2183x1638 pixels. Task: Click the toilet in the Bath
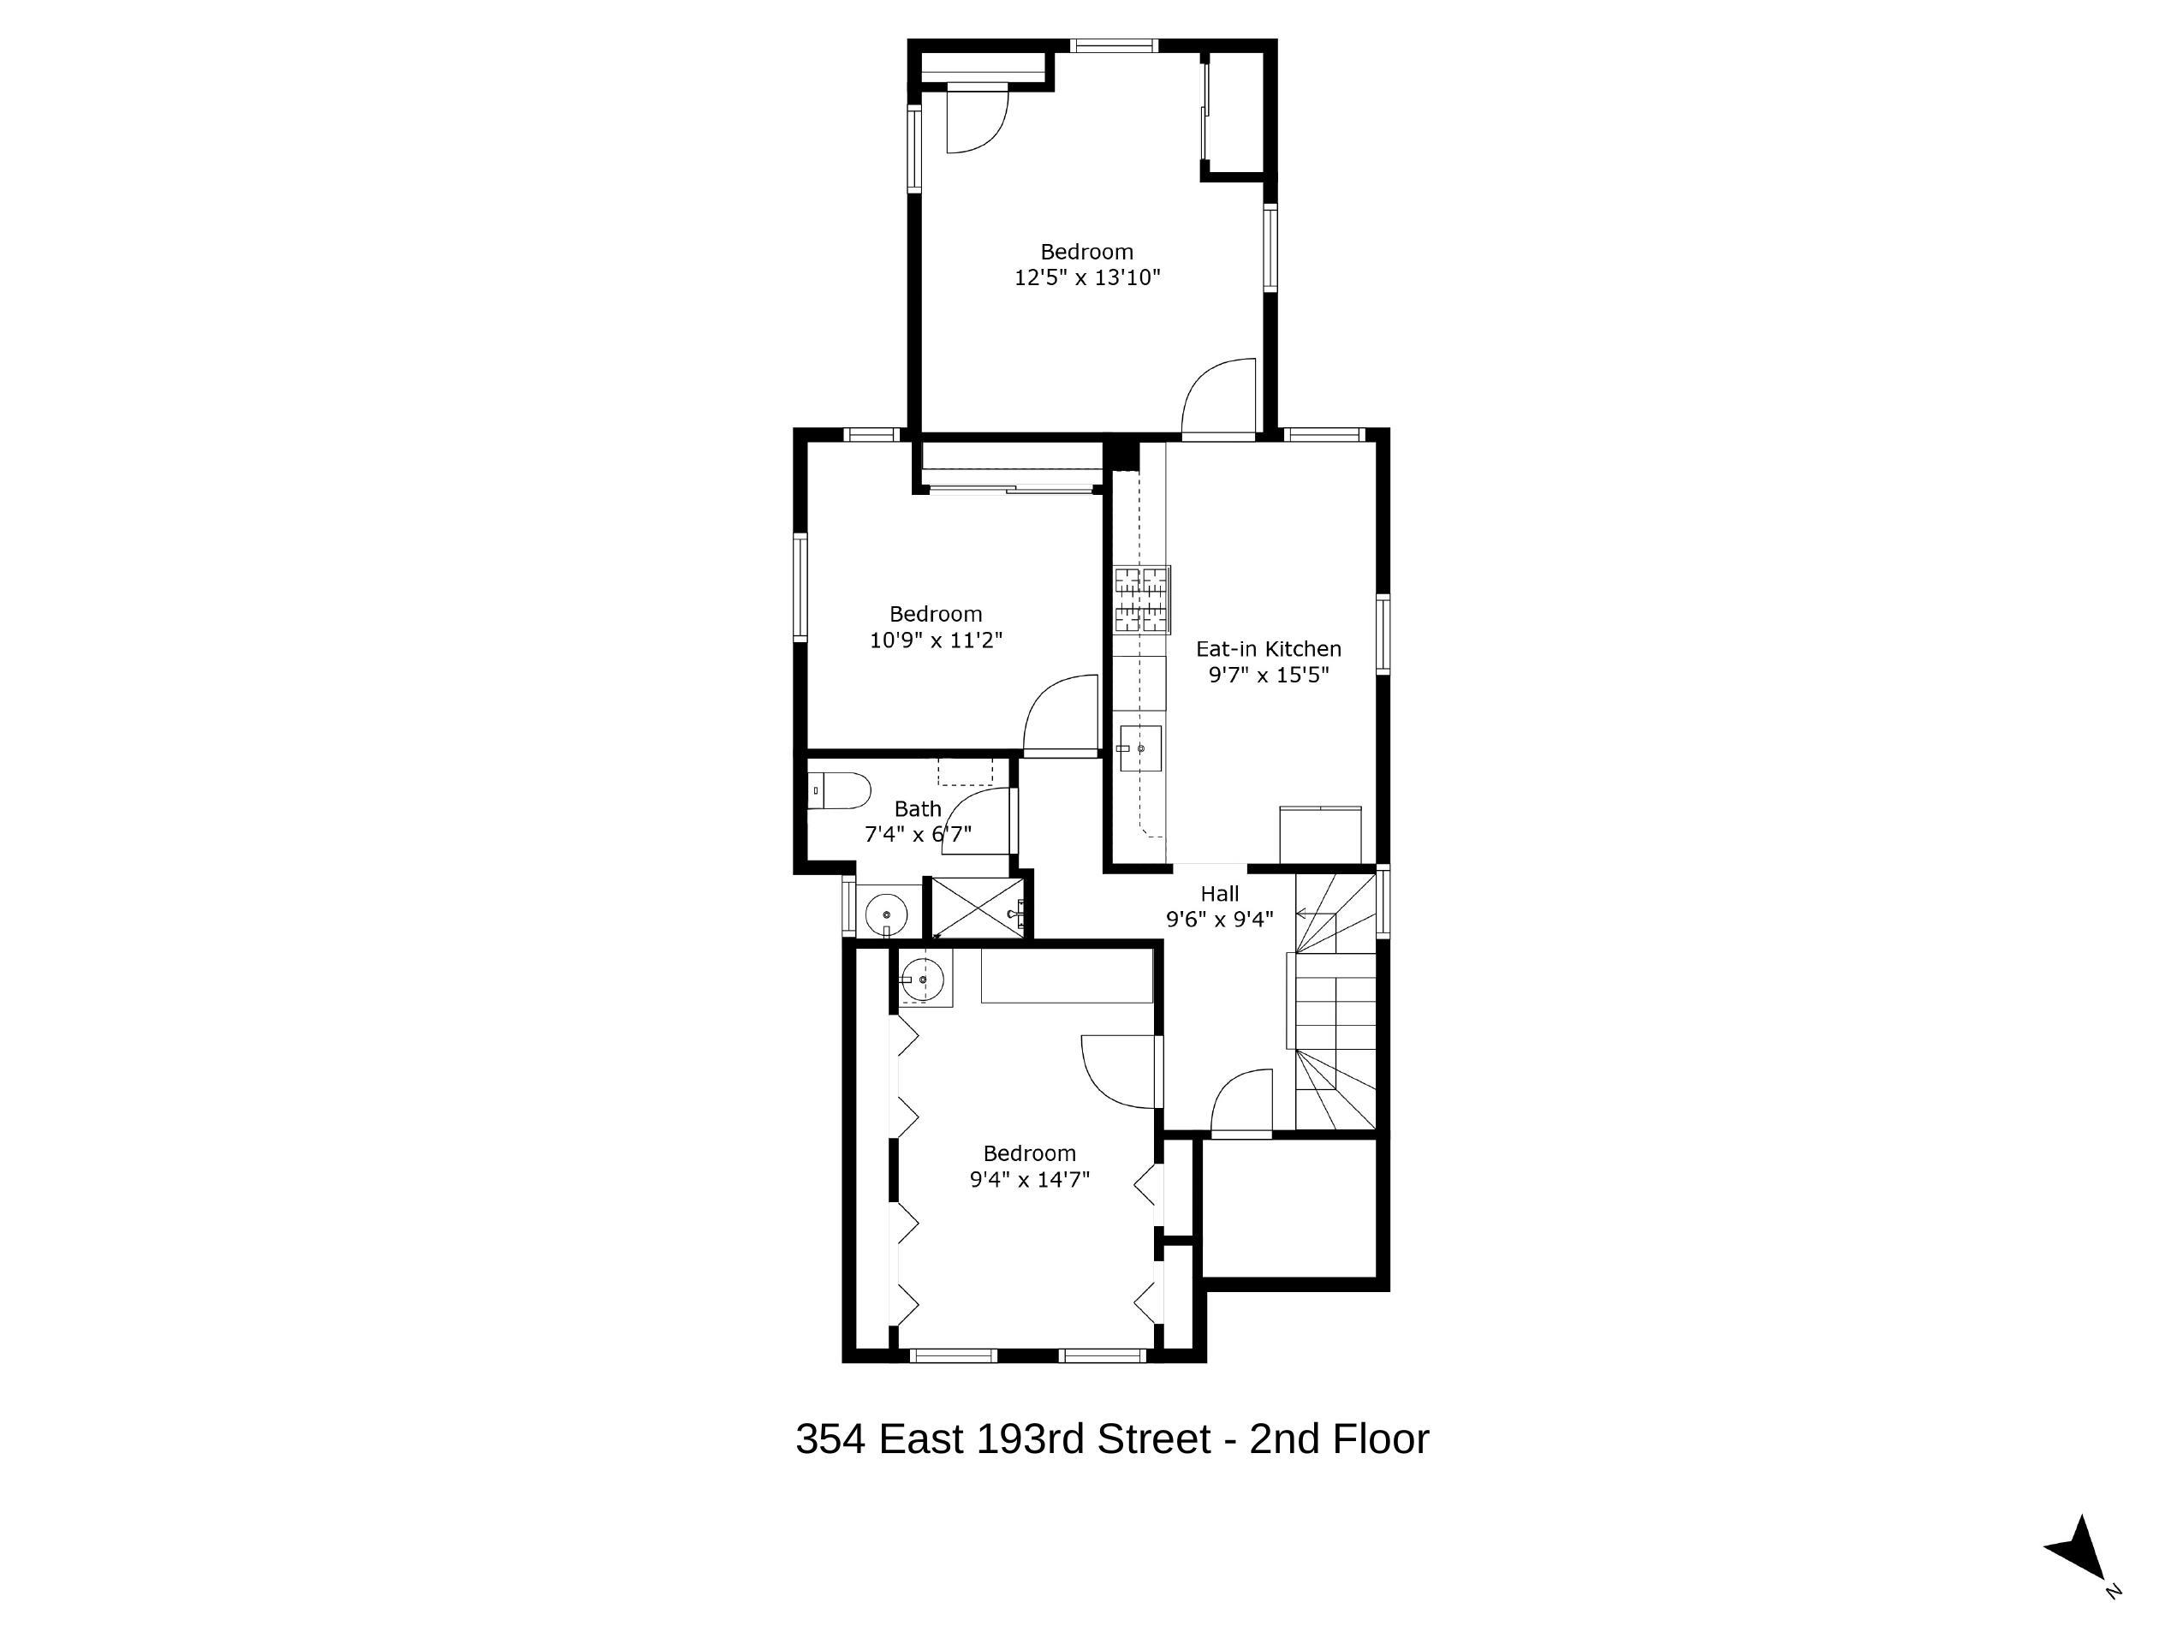pos(841,791)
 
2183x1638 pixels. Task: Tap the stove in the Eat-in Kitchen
pos(1142,599)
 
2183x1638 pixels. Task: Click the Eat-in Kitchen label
pos(1268,649)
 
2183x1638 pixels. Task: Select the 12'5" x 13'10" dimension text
pos(1086,277)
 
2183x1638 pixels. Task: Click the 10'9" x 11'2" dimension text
pos(936,640)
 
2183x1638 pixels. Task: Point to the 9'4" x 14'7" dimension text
pos(1029,1179)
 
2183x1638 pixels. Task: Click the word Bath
pos(918,808)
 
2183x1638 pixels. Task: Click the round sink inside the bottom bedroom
pos(923,980)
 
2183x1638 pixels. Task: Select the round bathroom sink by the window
pos(886,914)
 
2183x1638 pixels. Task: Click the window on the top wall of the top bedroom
pos(1115,45)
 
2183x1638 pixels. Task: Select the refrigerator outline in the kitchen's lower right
pos(1319,834)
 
